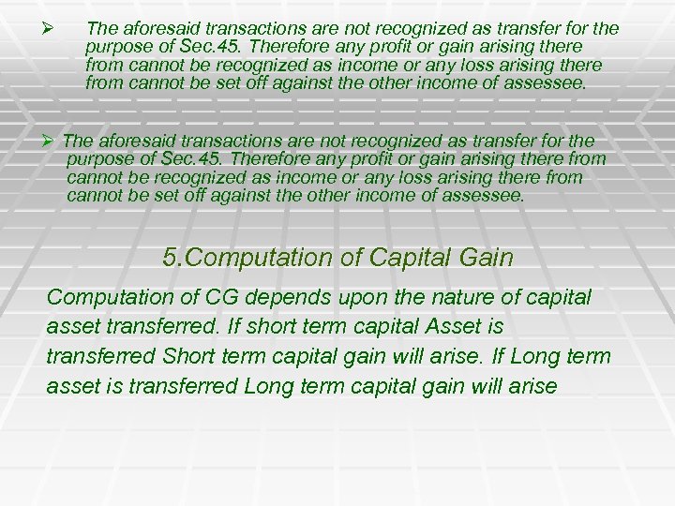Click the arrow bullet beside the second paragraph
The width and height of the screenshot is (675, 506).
click(53, 141)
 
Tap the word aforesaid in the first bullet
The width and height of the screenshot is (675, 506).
click(155, 29)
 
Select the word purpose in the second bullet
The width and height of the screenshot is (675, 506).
click(98, 159)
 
